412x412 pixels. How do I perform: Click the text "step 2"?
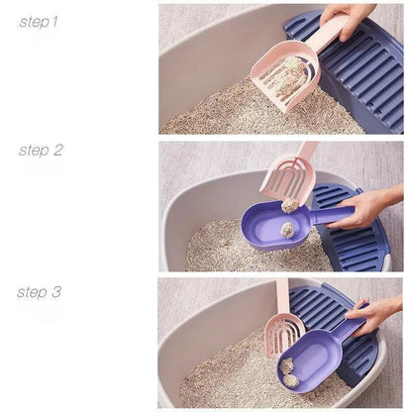point(41,151)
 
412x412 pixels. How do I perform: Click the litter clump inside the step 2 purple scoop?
point(286,230)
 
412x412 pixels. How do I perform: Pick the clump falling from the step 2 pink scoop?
point(290,205)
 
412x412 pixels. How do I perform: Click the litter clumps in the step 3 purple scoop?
point(290,368)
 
